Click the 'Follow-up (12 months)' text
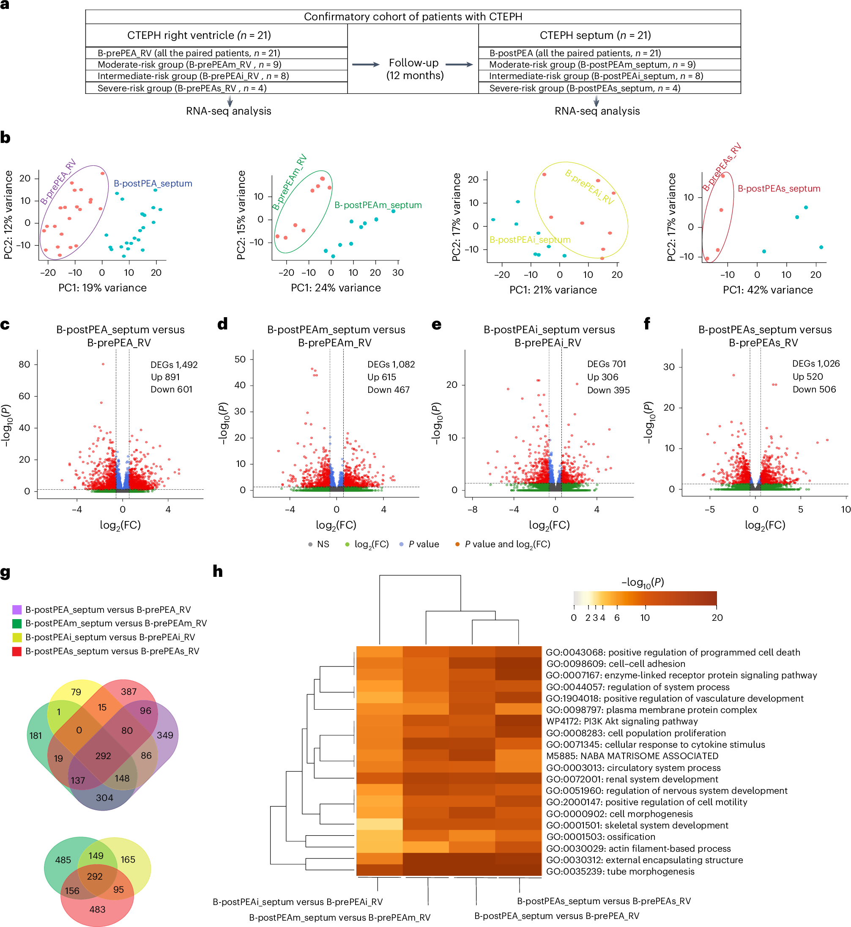pyautogui.click(x=414, y=69)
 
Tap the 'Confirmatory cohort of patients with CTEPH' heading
pyautogui.click(x=413, y=16)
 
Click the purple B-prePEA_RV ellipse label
pyautogui.click(x=58, y=182)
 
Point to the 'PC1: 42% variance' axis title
pyautogui.click(x=767, y=290)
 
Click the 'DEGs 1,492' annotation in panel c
pyautogui.click(x=174, y=365)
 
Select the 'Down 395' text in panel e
pyautogui.click(x=608, y=390)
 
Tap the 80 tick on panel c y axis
pyautogui.click(x=25, y=365)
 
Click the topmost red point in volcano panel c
pyautogui.click(x=103, y=364)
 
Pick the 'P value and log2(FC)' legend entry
pyautogui.click(x=506, y=544)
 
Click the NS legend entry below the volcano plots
pyautogui.click(x=319, y=544)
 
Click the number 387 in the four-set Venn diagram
pyautogui.click(x=129, y=691)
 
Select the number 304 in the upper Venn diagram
pyautogui.click(x=104, y=798)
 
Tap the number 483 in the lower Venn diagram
pyautogui.click(x=97, y=910)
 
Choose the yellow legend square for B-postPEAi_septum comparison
pyautogui.click(x=17, y=637)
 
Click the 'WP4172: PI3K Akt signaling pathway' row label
pyautogui.click(x=622, y=721)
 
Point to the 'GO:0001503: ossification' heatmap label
pyautogui.click(x=600, y=836)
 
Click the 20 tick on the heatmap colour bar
pyautogui.click(x=717, y=618)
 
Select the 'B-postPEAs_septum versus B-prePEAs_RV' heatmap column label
pyautogui.click(x=603, y=901)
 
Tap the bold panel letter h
pyautogui.click(x=217, y=572)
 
